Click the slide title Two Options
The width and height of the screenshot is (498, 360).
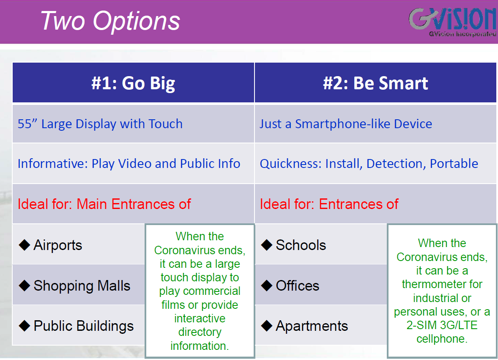pyautogui.click(x=110, y=21)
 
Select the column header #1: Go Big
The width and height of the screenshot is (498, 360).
pyautogui.click(x=134, y=83)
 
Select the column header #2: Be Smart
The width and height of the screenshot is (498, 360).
pyautogui.click(x=375, y=83)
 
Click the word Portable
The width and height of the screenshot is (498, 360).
pyautogui.click(x=454, y=164)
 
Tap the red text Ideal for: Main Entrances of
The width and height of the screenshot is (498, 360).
pyautogui.click(x=104, y=204)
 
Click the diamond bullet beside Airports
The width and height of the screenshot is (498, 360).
pyautogui.click(x=25, y=245)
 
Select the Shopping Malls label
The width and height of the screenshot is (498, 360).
pyautogui.click(x=82, y=286)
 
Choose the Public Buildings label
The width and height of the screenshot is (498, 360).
pyautogui.click(x=84, y=326)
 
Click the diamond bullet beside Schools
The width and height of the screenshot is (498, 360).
pyautogui.click(x=266, y=245)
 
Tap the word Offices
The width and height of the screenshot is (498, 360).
pyautogui.click(x=297, y=286)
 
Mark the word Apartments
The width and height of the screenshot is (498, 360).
pyautogui.click(x=312, y=326)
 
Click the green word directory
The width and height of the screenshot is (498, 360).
pyautogui.click(x=200, y=332)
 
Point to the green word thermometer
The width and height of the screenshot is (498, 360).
pyautogui.click(x=442, y=284)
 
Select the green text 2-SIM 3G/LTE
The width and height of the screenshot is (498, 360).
pyautogui.click(x=442, y=325)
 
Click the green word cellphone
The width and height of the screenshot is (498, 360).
pyautogui.click(x=442, y=339)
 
